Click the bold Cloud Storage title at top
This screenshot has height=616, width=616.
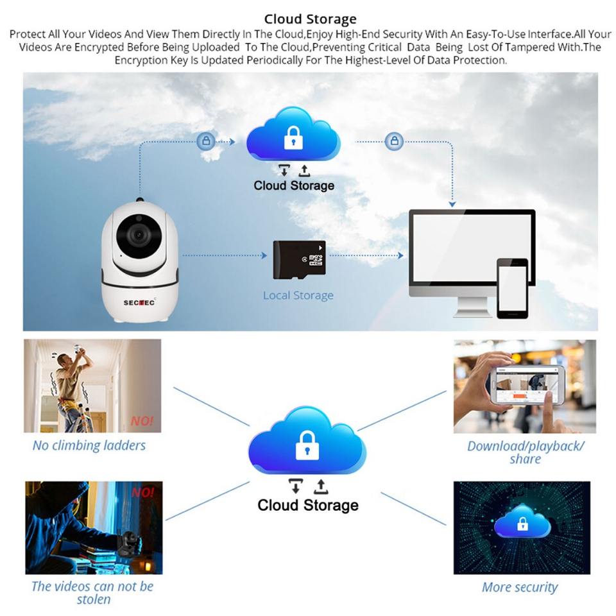tap(310, 19)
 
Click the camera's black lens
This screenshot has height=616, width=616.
tap(138, 235)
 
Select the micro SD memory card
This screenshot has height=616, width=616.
tap(299, 260)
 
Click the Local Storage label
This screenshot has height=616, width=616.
tap(298, 296)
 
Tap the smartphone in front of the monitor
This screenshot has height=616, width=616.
tap(512, 288)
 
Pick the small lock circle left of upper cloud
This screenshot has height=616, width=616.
tap(206, 141)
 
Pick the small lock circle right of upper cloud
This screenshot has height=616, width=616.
tap(394, 141)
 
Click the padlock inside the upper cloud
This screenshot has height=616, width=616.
tap(293, 137)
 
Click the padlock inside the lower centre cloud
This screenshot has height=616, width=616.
tap(307, 445)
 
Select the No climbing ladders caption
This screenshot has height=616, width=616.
tap(89, 445)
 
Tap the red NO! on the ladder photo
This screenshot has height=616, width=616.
tap(142, 422)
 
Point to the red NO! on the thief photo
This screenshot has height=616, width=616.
tap(142, 493)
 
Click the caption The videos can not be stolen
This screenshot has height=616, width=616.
tap(92, 592)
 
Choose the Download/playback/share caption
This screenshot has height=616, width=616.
tap(526, 452)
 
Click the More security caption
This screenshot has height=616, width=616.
tap(520, 587)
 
